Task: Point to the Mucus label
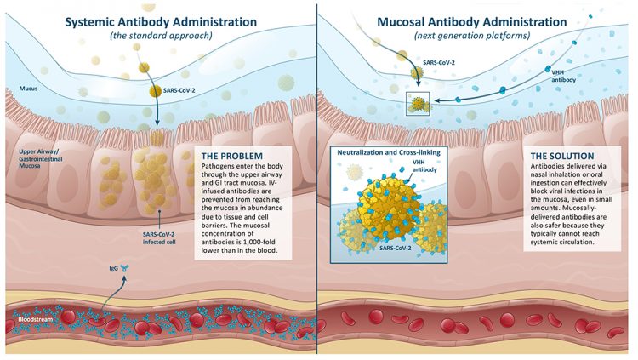point(22,88)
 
